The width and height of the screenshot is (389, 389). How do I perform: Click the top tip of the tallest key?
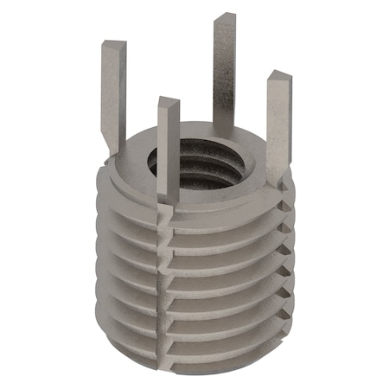(225, 19)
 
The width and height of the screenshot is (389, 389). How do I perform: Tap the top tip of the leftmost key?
(114, 44)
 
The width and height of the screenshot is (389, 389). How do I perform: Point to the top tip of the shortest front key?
(168, 102)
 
